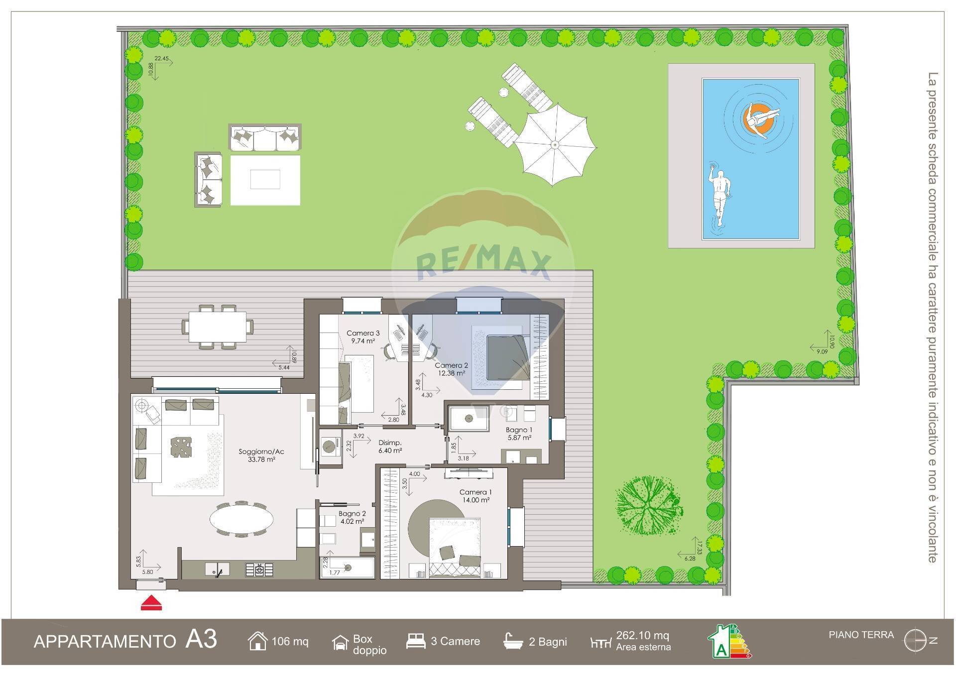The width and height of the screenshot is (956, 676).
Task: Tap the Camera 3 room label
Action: [363, 334]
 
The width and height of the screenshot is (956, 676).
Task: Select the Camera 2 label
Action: [451, 366]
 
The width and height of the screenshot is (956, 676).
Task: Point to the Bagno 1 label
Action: [519, 430]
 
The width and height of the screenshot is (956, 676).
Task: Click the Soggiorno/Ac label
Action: [261, 452]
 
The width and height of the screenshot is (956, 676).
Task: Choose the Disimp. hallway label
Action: [390, 443]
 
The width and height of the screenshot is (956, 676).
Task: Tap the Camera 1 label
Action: [476, 492]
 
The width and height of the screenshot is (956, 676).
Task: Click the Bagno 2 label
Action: [352, 514]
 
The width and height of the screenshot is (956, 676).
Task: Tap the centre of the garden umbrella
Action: [555, 145]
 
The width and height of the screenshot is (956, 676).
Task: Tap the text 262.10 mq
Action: [642, 636]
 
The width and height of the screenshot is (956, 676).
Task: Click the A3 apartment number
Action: [201, 640]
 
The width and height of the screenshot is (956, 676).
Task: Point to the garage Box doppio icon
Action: [340, 643]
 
